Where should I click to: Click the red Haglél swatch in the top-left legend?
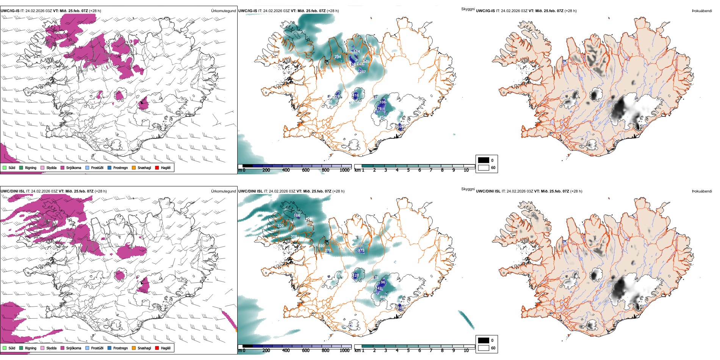[157, 167]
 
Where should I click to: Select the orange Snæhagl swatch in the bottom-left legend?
[134, 348]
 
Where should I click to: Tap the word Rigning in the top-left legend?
[31, 168]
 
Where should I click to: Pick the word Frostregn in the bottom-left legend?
[120, 348]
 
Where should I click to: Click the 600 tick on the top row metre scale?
[305, 170]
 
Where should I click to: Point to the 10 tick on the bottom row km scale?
[466, 351]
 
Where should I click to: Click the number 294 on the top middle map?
[338, 57]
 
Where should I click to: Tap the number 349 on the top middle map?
[366, 62]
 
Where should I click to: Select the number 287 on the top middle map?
[363, 72]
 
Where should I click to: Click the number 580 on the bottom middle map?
[321, 246]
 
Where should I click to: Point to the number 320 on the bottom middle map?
[280, 226]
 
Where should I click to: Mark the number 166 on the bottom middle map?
[297, 216]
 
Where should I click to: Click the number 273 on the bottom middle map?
[361, 250]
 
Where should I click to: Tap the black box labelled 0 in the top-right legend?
[484, 160]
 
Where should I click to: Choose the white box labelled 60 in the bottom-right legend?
[484, 348]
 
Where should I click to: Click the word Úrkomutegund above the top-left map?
[223, 11]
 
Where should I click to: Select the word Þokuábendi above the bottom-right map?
[702, 191]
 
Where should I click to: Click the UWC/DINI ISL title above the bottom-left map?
[13, 191]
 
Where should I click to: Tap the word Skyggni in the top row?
[468, 9]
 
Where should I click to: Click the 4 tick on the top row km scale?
[397, 170]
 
